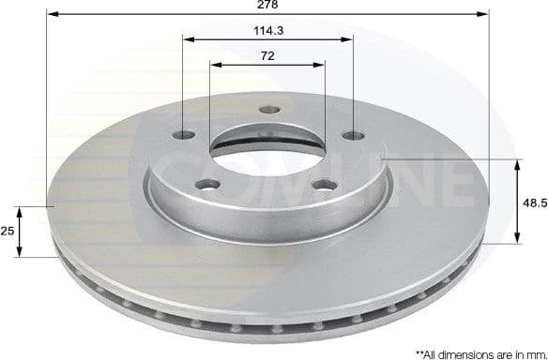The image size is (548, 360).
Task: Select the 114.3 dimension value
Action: click(268, 30)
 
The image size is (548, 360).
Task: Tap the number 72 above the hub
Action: click(267, 55)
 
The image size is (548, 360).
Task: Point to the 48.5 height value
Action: click(534, 202)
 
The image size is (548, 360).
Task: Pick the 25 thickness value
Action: click(8, 231)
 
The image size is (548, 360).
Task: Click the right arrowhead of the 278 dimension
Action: click(485, 15)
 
